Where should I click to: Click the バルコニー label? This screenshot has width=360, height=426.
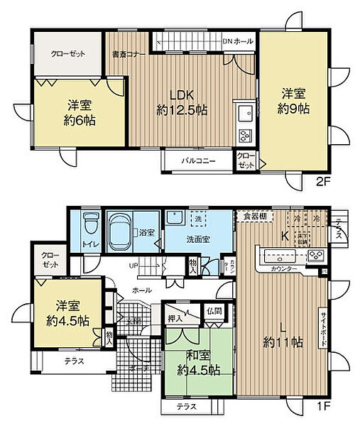pyautogui.click(x=197, y=160)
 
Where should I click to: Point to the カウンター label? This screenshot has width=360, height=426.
pyautogui.click(x=284, y=271)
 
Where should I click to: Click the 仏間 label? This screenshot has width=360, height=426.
pyautogui.click(x=214, y=311)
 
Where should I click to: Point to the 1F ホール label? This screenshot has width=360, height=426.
pyautogui.click(x=141, y=290)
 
